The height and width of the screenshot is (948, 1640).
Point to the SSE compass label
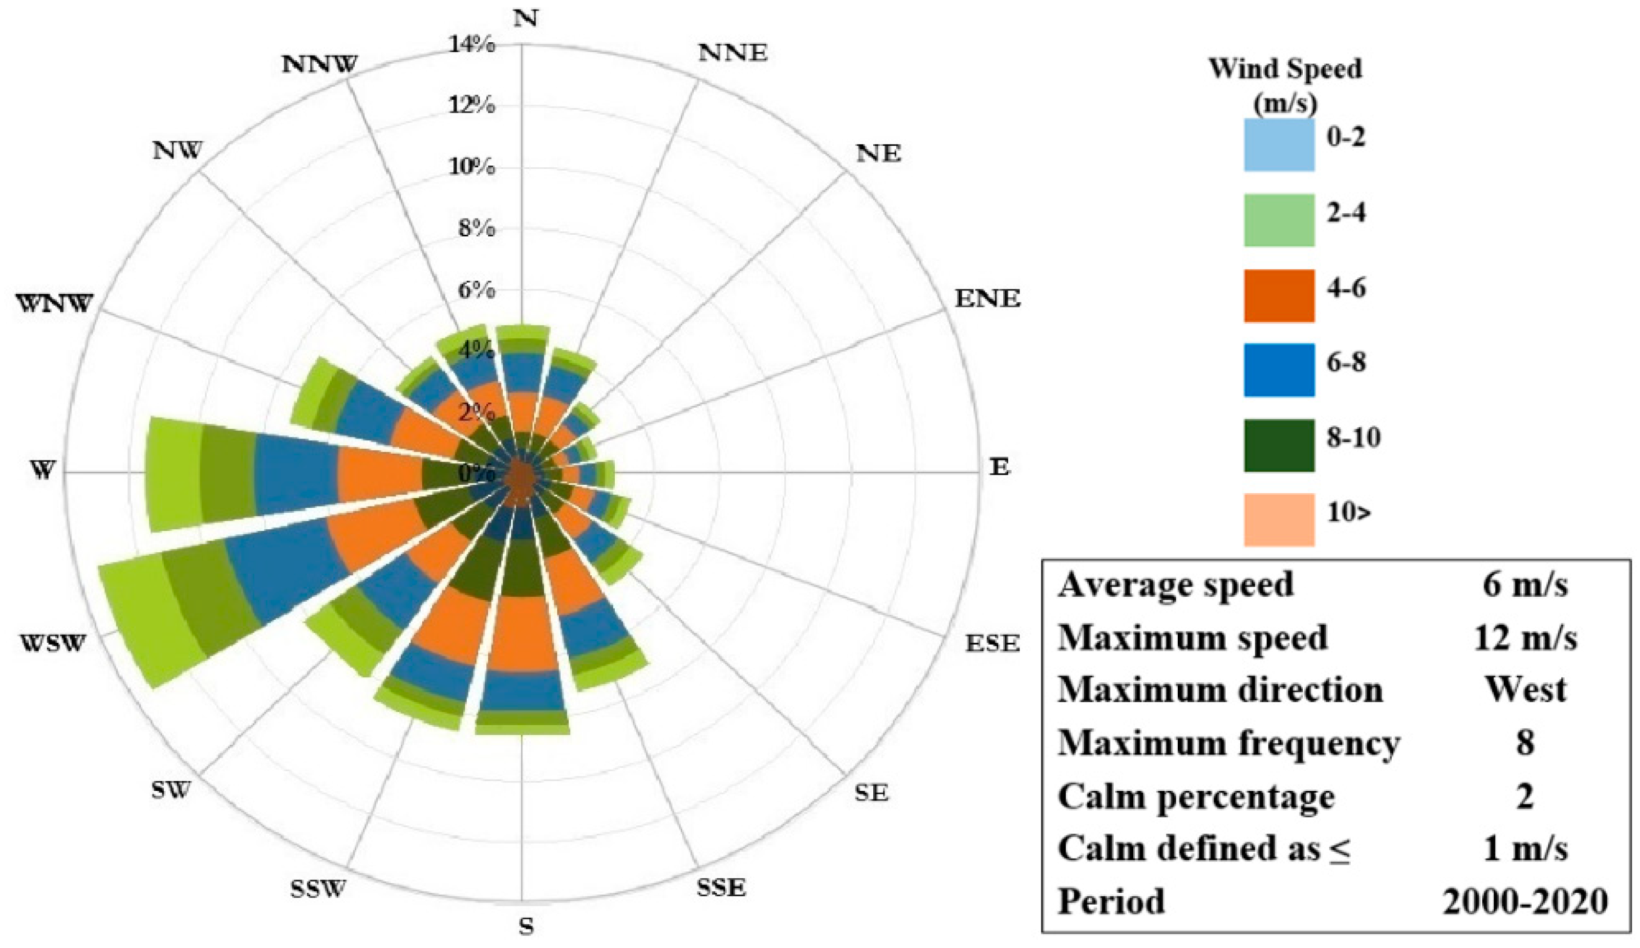point(721,888)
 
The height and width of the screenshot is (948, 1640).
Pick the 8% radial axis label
point(477,228)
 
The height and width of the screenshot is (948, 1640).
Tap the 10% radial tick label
point(472,167)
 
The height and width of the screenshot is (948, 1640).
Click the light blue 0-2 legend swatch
point(1279,145)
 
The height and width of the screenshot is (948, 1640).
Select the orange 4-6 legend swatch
point(1279,296)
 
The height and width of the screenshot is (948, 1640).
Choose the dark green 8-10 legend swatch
point(1279,445)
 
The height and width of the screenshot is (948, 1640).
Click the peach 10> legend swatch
point(1279,519)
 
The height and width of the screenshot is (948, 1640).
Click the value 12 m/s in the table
point(1525,638)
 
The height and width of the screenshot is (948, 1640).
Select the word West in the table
point(1525,690)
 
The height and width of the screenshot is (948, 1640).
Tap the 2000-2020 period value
point(1525,901)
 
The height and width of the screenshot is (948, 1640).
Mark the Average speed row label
point(1176,585)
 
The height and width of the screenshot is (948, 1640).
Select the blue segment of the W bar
point(296,475)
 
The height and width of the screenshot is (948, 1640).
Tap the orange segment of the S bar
point(522,634)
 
